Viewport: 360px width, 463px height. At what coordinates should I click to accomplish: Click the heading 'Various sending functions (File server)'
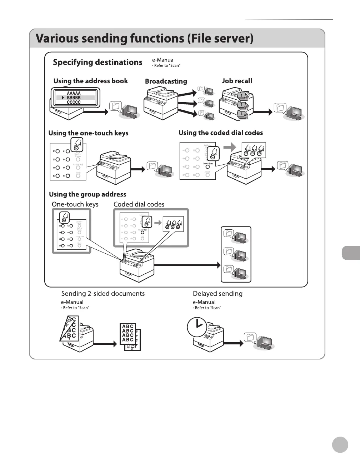point(145,39)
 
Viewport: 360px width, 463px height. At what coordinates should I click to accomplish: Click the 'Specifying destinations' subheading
point(97,63)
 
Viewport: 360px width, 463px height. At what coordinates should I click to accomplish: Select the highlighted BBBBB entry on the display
point(74,98)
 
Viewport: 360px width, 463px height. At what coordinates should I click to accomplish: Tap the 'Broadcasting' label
point(166,81)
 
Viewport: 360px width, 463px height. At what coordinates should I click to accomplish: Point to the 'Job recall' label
point(237,81)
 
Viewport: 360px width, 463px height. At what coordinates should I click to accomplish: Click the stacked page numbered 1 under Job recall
point(242,95)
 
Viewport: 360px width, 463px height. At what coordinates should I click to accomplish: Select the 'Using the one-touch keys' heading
point(88,133)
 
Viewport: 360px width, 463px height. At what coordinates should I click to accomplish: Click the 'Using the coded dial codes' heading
point(220,133)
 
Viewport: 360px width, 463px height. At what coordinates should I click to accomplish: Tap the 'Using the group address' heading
point(87,194)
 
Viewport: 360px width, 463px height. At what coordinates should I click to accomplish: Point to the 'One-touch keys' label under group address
point(75,204)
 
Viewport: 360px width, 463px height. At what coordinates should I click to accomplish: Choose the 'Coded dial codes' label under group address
point(139,204)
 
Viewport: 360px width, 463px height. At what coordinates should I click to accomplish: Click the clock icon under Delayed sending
point(197,327)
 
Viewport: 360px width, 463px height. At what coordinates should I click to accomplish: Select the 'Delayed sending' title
point(217,294)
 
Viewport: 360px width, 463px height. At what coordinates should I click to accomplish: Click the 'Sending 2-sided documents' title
point(103,294)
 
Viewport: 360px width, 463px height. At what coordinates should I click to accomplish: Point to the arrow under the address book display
point(96,112)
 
